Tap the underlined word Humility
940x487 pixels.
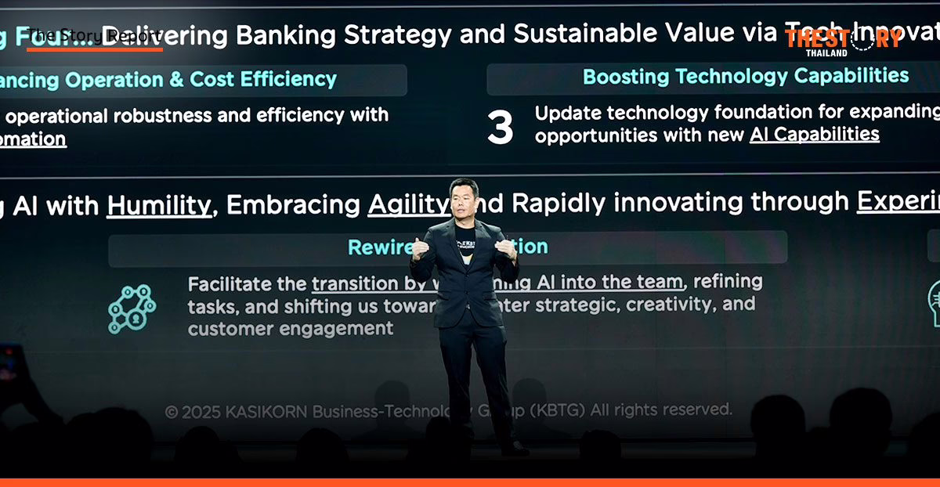pyautogui.click(x=159, y=205)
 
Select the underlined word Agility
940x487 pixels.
pyautogui.click(x=408, y=204)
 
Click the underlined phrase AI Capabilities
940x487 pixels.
pyautogui.click(x=814, y=134)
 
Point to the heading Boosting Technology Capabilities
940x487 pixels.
pyautogui.click(x=746, y=76)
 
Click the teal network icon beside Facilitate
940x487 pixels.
pyautogui.click(x=132, y=308)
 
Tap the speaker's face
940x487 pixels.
pyautogui.click(x=464, y=201)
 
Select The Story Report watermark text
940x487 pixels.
pyautogui.click(x=95, y=36)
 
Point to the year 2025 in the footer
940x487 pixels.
pyautogui.click(x=202, y=412)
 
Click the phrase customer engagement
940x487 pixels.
pyautogui.click(x=290, y=328)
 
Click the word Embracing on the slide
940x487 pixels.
pyautogui.click(x=294, y=204)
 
